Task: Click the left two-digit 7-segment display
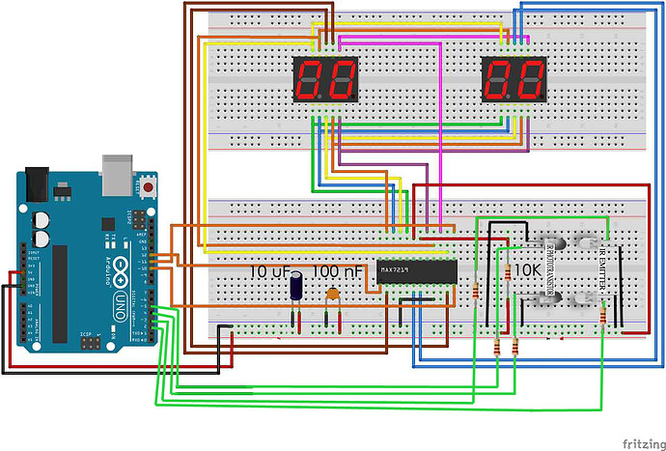pos(325,80)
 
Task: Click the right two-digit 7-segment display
pos(514,80)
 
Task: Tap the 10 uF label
pos(269,272)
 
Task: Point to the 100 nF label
pos(338,272)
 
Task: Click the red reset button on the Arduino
pos(148,183)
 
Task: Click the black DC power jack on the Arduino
pos(38,181)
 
